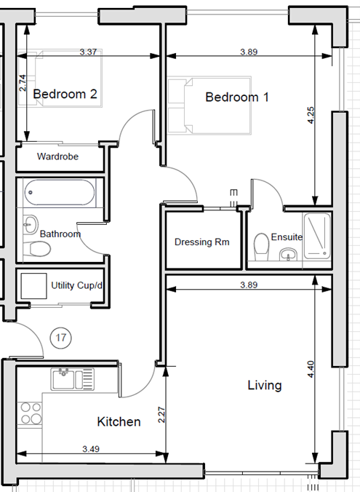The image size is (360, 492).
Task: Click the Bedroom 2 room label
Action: click(65, 94)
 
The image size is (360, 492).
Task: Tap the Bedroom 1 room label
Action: click(237, 98)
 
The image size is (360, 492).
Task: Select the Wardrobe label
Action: click(58, 156)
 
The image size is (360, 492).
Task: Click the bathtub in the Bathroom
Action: click(59, 194)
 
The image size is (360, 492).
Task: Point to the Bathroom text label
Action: click(60, 234)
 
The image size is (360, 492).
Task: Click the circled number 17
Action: click(62, 338)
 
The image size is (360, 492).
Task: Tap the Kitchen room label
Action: click(119, 421)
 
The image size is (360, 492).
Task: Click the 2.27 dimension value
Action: click(161, 416)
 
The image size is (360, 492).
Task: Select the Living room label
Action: click(264, 385)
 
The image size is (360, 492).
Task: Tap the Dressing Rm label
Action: click(202, 242)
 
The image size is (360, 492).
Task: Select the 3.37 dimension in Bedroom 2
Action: click(88, 52)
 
